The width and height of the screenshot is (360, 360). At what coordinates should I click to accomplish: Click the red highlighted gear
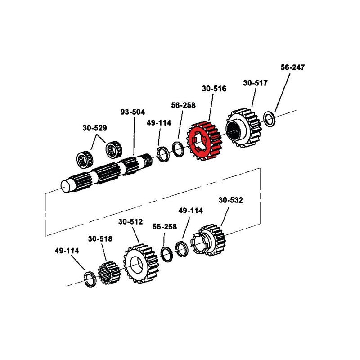(205, 140)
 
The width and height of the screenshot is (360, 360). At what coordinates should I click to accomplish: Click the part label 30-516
(214, 89)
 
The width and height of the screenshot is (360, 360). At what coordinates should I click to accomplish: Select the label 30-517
(255, 83)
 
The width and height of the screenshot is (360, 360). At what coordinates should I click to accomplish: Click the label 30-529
(94, 128)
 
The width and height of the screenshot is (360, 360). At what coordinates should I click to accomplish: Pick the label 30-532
(230, 200)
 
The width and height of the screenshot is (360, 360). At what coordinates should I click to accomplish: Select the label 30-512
(130, 222)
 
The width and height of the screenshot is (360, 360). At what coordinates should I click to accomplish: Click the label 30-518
(100, 239)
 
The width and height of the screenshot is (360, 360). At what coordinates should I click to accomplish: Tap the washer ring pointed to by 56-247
(270, 119)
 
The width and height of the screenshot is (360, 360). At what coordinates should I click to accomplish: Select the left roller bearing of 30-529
(83, 158)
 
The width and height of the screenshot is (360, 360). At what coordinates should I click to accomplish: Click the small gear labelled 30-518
(108, 273)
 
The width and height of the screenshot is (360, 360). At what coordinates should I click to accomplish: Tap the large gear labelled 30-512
(140, 265)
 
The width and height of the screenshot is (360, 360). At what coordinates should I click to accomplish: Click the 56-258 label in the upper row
(183, 106)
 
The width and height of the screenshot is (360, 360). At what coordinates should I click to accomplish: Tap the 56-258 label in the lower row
(164, 227)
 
